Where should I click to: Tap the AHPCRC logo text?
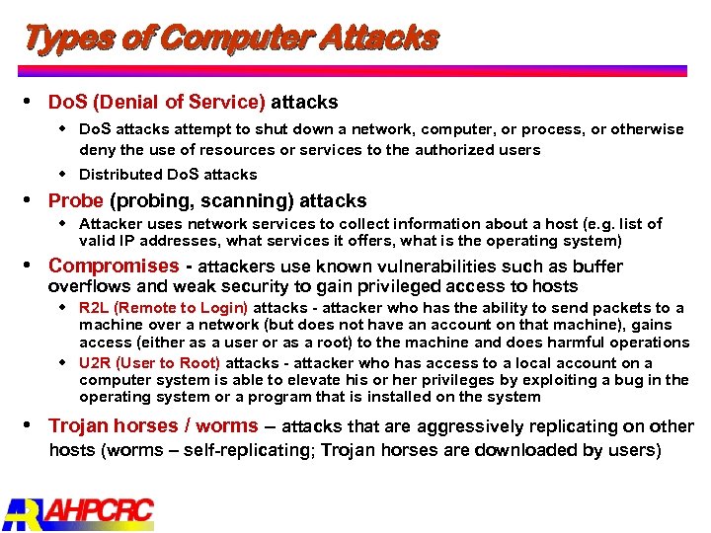tap(100, 512)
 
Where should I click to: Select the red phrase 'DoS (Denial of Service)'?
tap(157, 102)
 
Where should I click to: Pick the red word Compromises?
tap(114, 266)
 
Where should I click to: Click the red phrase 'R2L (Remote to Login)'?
tap(163, 308)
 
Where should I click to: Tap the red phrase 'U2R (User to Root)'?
tap(149, 362)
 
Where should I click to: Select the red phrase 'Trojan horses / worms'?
tap(153, 426)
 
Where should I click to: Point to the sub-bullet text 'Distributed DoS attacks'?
tap(168, 175)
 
